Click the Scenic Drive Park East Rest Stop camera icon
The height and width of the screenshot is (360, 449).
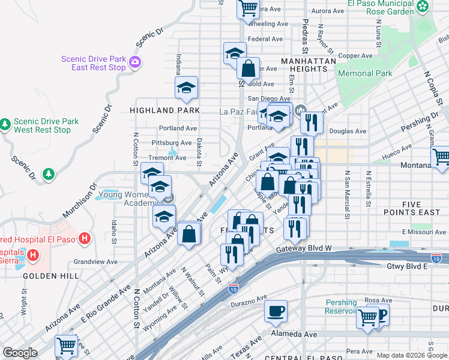[134, 61]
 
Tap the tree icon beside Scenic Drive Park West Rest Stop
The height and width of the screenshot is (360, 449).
[5, 124]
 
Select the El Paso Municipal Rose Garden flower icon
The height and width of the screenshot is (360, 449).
[423, 7]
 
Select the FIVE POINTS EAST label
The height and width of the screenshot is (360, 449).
[411, 208]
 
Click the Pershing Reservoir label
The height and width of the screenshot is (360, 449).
[341, 307]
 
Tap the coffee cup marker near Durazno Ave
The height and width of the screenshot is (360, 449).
[276, 311]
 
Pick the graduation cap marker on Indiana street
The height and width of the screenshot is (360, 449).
[187, 88]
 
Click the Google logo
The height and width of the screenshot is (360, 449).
[20, 353]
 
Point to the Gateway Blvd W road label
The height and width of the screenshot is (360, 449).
[303, 249]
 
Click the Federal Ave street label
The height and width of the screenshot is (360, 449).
[265, 40]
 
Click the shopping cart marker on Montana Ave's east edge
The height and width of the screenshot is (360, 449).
[441, 158]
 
